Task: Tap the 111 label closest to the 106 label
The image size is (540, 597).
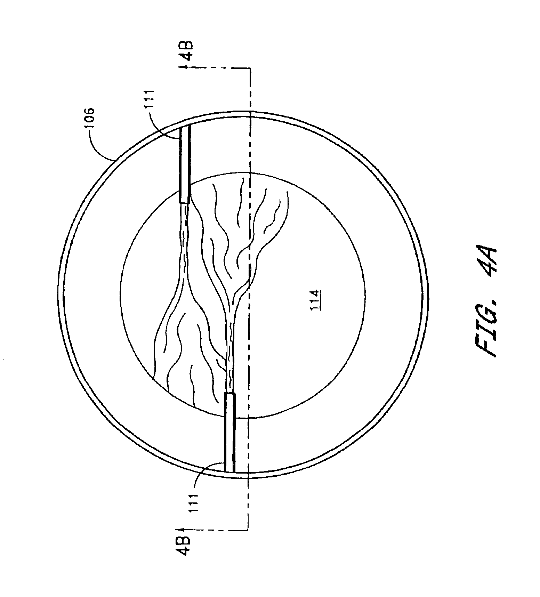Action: (x=151, y=100)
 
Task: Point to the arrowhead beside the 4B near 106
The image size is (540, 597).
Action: (x=182, y=67)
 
